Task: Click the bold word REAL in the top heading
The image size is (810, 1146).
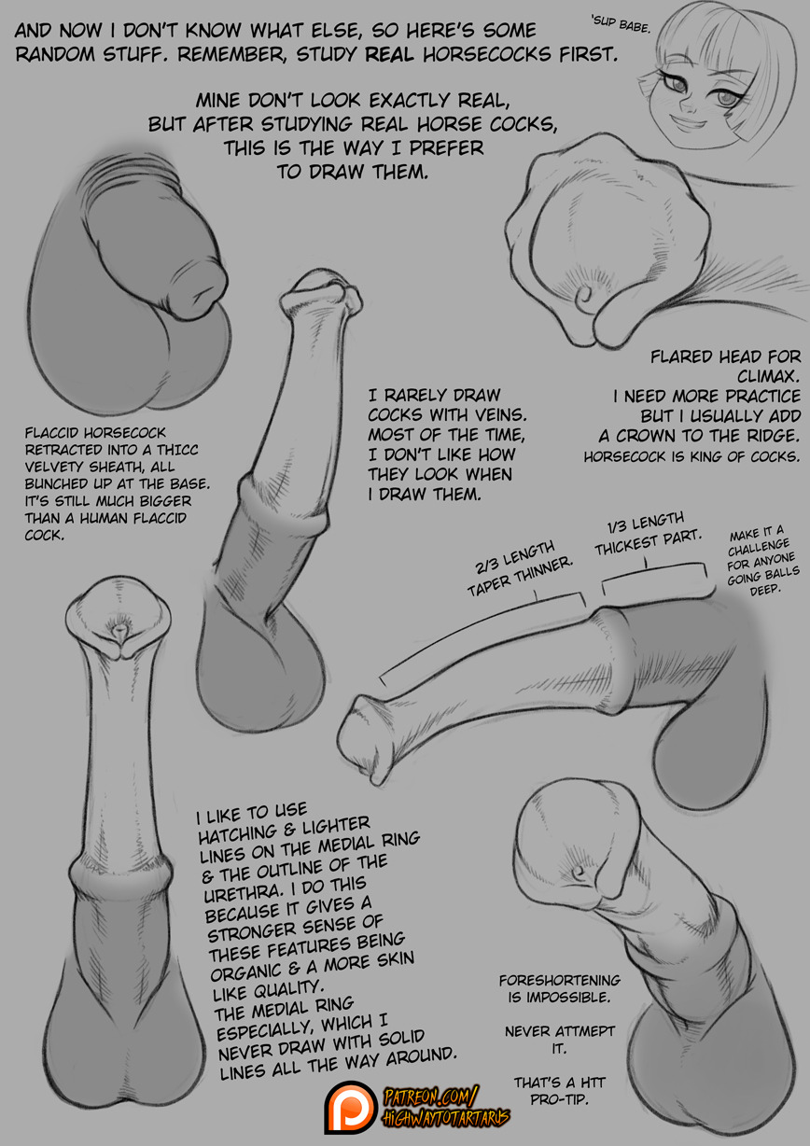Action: point(389,54)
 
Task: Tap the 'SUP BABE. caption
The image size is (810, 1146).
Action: point(620,24)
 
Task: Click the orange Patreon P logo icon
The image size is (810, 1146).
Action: point(352,1106)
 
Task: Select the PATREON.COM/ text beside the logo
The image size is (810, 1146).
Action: point(431,1096)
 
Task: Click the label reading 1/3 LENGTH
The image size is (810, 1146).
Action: point(646,522)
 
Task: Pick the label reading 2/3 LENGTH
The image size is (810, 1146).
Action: point(514,559)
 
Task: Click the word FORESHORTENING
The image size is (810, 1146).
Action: point(559,980)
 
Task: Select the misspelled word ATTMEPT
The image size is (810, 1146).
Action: point(585,1031)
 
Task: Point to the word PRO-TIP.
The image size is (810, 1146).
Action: point(559,1099)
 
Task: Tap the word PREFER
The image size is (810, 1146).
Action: point(446,147)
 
